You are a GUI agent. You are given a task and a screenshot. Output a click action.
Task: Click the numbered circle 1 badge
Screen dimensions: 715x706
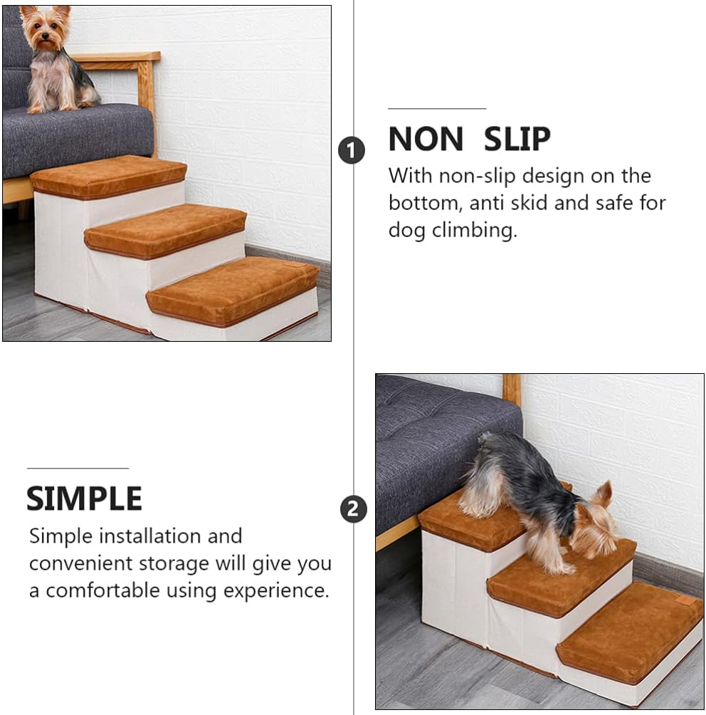pyautogui.click(x=351, y=150)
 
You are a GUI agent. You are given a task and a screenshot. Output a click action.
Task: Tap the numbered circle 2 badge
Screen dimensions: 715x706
pyautogui.click(x=354, y=509)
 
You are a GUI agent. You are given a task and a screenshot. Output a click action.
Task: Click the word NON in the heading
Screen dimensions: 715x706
pyautogui.click(x=426, y=140)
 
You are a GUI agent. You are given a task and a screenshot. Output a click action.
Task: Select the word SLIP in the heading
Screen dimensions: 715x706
pyautogui.click(x=517, y=140)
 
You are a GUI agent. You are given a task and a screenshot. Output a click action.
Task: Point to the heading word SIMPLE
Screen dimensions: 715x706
pyautogui.click(x=84, y=499)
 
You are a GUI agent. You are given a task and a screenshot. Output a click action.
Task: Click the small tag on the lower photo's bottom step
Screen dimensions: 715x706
pyautogui.click(x=687, y=600)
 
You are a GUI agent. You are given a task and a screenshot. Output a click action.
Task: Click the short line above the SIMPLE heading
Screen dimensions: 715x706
pyautogui.click(x=78, y=468)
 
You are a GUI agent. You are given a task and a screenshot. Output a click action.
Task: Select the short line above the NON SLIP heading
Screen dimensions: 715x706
pyautogui.click(x=436, y=109)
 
